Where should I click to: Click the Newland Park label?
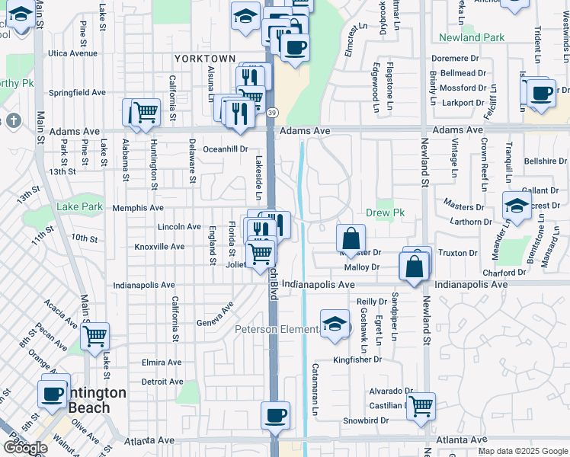[472, 37]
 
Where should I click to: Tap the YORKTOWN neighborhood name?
[205, 59]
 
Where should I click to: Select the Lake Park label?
[79, 206]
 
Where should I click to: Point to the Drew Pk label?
[384, 213]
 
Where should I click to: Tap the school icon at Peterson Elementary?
[335, 324]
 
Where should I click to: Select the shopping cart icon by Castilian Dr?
[421, 406]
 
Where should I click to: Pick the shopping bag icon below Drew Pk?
[351, 239]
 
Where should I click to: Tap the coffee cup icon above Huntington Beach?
[53, 393]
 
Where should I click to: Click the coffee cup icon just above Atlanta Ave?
[275, 416]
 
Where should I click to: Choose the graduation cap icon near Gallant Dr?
[517, 206]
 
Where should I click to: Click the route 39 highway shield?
[271, 113]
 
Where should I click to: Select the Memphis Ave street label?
[138, 207]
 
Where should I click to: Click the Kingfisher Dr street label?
[357, 360]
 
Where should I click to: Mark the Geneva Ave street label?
[215, 315]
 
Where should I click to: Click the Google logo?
[25, 448]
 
